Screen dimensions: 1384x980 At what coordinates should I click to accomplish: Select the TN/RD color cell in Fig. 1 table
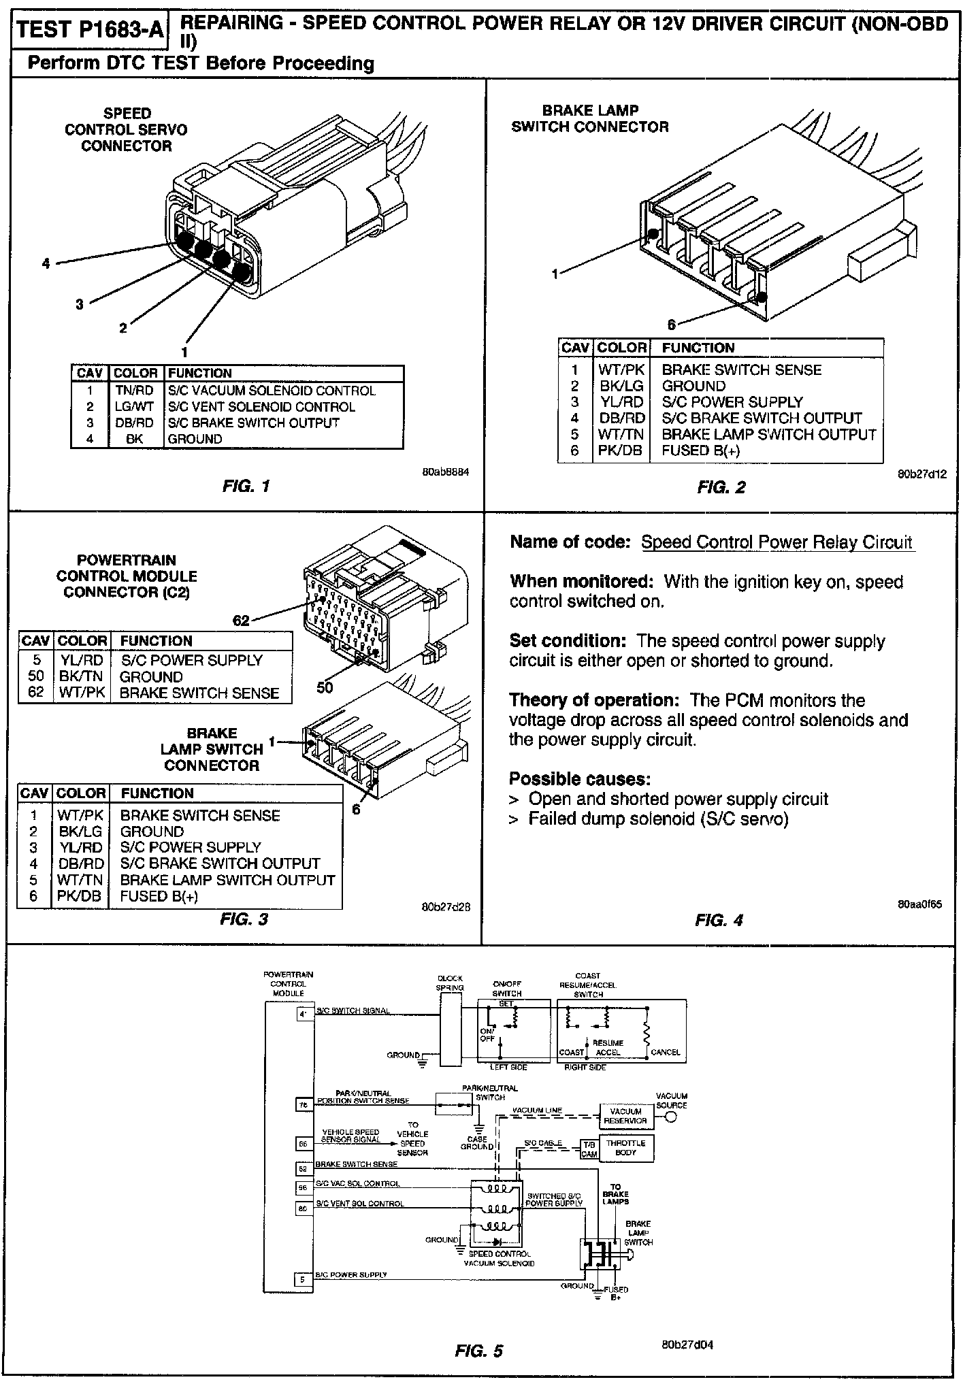(135, 391)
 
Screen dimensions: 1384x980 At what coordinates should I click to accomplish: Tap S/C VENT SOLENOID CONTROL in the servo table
(261, 407)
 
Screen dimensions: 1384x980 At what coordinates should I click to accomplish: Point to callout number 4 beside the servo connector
(46, 263)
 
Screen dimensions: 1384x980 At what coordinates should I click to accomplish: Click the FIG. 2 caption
(721, 487)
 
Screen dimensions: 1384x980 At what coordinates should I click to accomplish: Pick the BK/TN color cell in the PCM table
(82, 677)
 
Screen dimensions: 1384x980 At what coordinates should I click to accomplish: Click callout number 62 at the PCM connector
(242, 620)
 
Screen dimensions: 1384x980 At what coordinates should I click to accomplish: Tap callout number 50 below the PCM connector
(325, 688)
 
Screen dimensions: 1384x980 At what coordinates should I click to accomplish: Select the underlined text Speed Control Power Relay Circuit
(777, 542)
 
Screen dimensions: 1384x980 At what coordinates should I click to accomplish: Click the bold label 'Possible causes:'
(580, 779)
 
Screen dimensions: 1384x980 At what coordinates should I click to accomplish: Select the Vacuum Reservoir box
(625, 1116)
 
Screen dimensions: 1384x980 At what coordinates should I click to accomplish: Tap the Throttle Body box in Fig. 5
(625, 1148)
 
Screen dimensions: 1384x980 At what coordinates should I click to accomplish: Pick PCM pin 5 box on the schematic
(303, 1280)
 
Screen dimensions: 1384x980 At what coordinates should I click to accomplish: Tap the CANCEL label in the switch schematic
(665, 1052)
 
